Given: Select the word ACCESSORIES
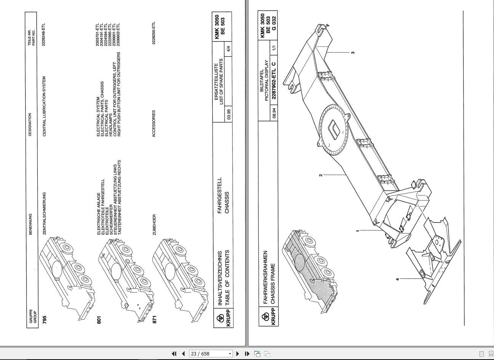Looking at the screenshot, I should click(154, 123).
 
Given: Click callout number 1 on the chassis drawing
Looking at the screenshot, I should click(357, 230).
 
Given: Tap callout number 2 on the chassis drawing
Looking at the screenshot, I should click(320, 175).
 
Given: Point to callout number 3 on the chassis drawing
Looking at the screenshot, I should click(353, 52).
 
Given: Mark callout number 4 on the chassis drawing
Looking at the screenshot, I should click(397, 279).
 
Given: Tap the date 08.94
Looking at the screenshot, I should click(274, 114).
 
